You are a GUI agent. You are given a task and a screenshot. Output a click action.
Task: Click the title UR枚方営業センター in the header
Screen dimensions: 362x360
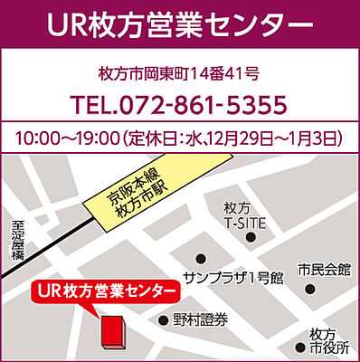(x=180, y=24)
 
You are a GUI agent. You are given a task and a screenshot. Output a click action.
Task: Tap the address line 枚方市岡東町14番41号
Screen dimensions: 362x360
(x=180, y=73)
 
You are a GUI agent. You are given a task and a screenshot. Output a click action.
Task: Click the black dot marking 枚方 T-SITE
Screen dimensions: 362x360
(x=251, y=238)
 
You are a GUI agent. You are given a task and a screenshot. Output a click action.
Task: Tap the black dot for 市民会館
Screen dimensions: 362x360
(x=310, y=291)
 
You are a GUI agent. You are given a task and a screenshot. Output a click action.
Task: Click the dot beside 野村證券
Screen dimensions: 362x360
(x=163, y=319)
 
